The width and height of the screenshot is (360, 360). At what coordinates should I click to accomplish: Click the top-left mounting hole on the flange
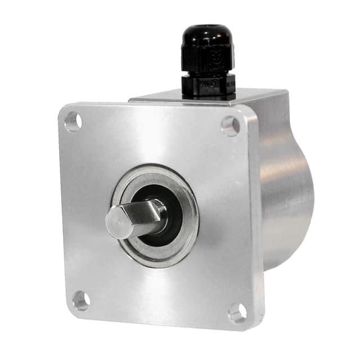tap(73, 121)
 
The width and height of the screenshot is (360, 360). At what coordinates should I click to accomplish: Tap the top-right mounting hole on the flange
tap(230, 125)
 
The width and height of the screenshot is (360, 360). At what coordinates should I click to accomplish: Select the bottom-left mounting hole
tap(81, 300)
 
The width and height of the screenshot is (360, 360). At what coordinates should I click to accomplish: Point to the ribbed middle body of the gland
tap(206, 62)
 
